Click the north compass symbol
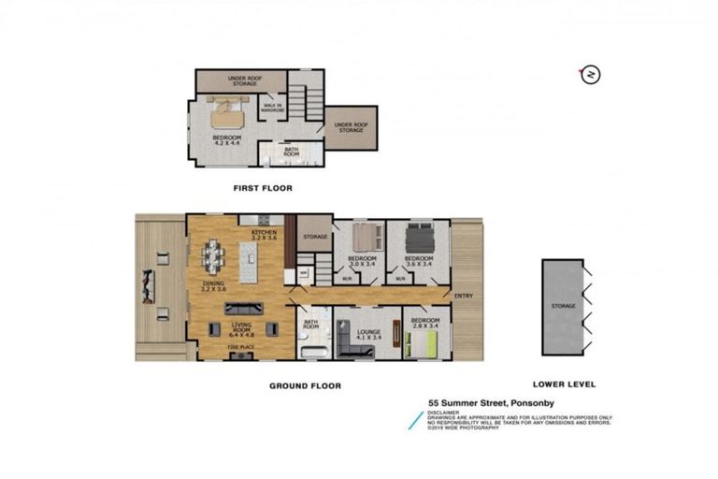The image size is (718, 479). (590, 75)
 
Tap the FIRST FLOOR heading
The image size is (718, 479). (262, 188)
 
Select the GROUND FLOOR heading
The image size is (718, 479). (305, 385)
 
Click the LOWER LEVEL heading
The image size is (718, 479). (564, 385)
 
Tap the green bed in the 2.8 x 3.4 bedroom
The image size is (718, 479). (427, 346)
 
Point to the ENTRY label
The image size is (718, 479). (464, 297)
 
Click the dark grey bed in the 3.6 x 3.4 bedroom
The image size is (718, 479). (418, 235)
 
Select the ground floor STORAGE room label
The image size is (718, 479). (315, 237)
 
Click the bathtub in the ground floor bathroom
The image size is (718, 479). (310, 352)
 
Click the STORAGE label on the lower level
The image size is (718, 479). (563, 306)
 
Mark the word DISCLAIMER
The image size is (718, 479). (444, 412)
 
